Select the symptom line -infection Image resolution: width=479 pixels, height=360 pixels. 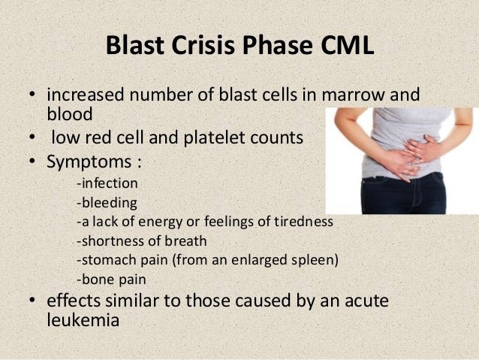point(107,183)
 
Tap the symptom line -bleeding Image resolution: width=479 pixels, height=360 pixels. point(106,202)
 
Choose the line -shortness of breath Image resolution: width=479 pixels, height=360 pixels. point(141,241)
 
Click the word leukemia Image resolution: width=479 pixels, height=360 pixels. point(83,319)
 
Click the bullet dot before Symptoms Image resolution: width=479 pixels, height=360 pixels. point(33,162)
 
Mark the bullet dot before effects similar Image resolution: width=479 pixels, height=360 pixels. point(33,301)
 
